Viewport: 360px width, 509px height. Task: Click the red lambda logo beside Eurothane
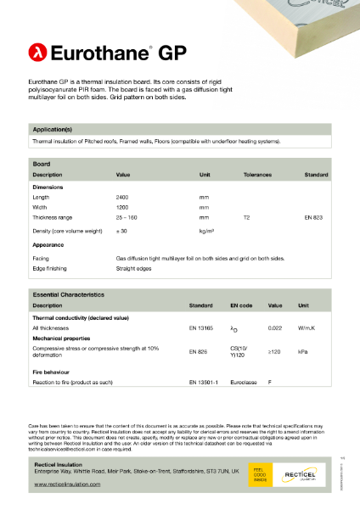tap(37, 53)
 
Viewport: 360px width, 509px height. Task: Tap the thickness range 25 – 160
tap(127, 217)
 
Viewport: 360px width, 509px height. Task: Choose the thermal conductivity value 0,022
tap(275, 327)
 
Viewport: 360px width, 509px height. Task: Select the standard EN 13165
tap(200, 327)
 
